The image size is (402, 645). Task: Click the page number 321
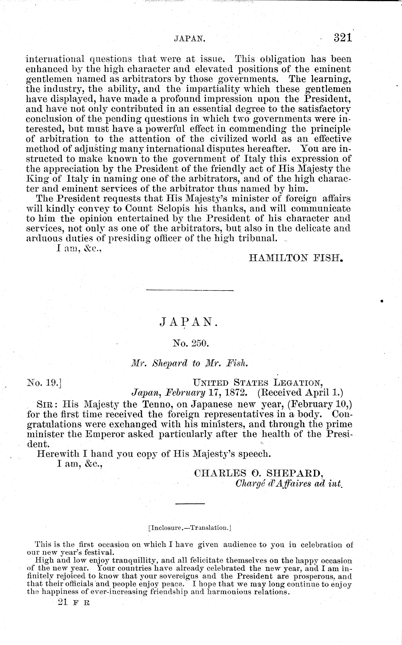(x=343, y=38)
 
